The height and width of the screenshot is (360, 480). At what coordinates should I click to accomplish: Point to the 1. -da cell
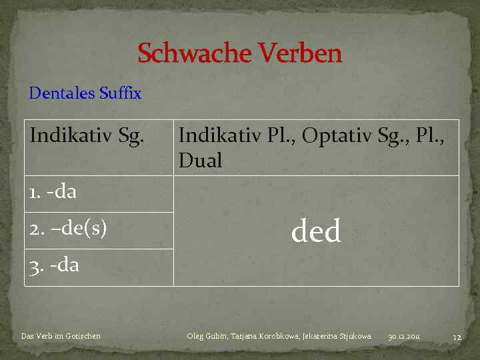[53, 193]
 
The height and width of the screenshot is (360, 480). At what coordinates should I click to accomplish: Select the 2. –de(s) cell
[68, 229]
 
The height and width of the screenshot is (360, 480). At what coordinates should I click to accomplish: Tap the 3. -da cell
[54, 265]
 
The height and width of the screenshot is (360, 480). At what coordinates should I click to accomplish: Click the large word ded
[316, 231]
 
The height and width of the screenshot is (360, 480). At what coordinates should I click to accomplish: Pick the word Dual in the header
[200, 161]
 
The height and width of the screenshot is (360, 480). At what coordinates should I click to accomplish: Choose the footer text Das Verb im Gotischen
[61, 336]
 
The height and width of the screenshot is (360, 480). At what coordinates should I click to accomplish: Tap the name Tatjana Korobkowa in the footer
[265, 336]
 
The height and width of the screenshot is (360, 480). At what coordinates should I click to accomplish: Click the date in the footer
[404, 336]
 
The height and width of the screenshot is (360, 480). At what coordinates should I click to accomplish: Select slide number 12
[457, 337]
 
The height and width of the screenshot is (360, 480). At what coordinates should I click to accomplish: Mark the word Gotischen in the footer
[83, 336]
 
